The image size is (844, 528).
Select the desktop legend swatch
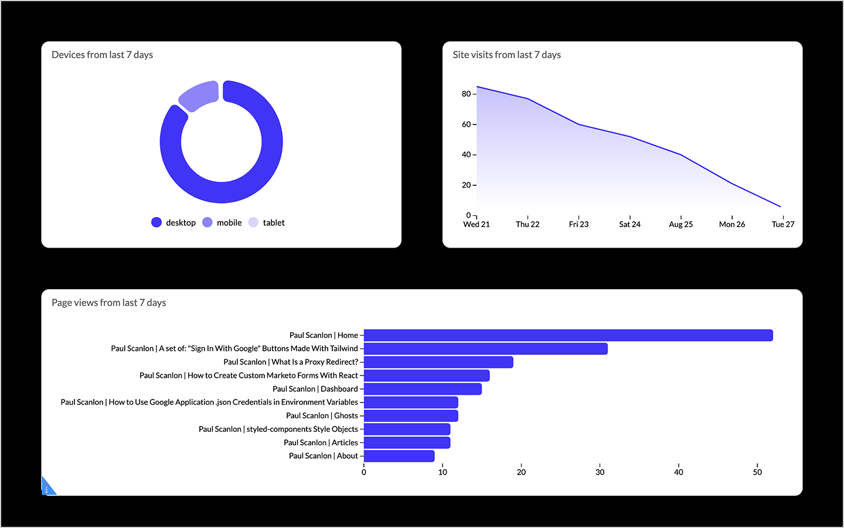coord(156,222)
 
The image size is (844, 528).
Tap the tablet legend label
coord(273,222)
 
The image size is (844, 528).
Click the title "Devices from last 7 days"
coord(102,55)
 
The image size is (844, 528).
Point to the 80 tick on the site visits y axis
coord(467,94)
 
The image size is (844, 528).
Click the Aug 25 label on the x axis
coord(680,224)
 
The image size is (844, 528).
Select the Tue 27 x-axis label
coord(782,224)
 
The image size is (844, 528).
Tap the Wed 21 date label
coord(477,224)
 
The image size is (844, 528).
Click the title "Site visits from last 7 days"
coord(506,55)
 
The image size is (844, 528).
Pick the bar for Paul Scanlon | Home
coord(568,336)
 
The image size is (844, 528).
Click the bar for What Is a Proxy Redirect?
coord(438,363)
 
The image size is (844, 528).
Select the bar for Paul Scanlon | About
coord(399,456)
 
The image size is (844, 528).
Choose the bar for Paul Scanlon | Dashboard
coord(423,389)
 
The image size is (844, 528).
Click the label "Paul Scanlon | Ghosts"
coord(322,415)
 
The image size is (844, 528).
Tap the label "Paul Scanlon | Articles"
coord(321,442)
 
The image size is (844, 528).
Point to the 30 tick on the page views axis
coord(600,472)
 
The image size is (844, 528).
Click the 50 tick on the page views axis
coord(757,472)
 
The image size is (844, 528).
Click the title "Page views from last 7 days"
coord(108,303)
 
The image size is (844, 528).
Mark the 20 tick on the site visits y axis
coord(467,185)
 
